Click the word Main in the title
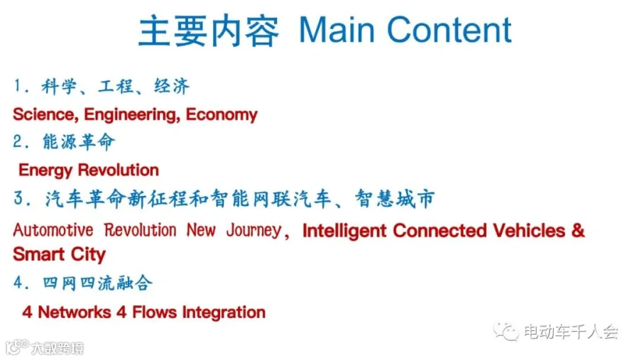pyautogui.click(x=337, y=30)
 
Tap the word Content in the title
pyautogui.click(x=449, y=30)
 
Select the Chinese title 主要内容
pyautogui.click(x=209, y=31)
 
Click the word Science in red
pyautogui.click(x=45, y=114)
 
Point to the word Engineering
pyautogui.click(x=132, y=115)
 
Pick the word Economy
pyautogui.click(x=222, y=115)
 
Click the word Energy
pyautogui.click(x=45, y=170)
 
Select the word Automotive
pyautogui.click(x=53, y=230)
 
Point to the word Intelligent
pyautogui.click(x=344, y=231)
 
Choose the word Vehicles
pyautogui.click(x=529, y=231)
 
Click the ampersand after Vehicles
pyautogui.click(x=578, y=231)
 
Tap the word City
pyautogui.click(x=88, y=255)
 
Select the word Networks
pyautogui.click(x=74, y=312)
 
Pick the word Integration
pyautogui.click(x=224, y=313)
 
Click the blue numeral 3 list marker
pyautogui.click(x=18, y=199)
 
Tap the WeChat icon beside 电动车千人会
pyautogui.click(x=506, y=332)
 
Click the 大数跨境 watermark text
pyautogui.click(x=58, y=348)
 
